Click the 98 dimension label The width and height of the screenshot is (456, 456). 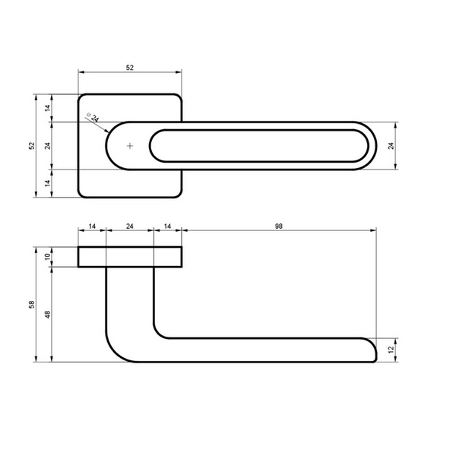pyautogui.click(x=279, y=226)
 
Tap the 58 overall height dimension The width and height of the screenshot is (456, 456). pyautogui.click(x=32, y=305)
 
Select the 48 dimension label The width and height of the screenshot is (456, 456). pyautogui.click(x=47, y=315)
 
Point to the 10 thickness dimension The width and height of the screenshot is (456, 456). pyautogui.click(x=47, y=257)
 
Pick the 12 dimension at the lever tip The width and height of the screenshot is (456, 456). pyautogui.click(x=391, y=350)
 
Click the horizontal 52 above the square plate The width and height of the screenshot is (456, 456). pyautogui.click(x=130, y=68)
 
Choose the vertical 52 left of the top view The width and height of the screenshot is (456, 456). pyautogui.click(x=32, y=146)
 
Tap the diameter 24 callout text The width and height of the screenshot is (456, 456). pyautogui.click(x=93, y=117)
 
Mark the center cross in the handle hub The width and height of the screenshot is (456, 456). pyautogui.click(x=130, y=146)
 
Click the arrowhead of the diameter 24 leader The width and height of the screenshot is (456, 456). pyautogui.click(x=107, y=131)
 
